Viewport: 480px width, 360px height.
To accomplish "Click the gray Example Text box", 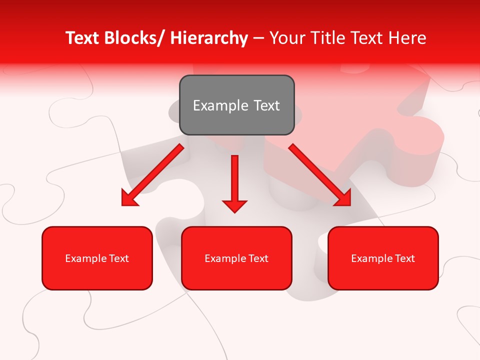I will tap(236, 105).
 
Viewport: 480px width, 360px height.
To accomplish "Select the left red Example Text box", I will tap(97, 258).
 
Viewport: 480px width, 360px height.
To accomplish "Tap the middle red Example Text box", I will tap(236, 258).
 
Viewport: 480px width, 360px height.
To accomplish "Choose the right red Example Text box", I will tap(383, 258).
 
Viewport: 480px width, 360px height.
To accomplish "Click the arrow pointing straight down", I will tap(234, 182).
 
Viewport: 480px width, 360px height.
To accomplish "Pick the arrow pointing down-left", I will tap(152, 175).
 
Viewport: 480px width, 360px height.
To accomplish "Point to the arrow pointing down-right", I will tap(320, 175).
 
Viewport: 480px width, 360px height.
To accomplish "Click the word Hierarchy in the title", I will tap(209, 38).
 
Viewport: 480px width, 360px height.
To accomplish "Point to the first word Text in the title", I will tap(82, 38).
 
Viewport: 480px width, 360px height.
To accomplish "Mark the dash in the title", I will tap(258, 38).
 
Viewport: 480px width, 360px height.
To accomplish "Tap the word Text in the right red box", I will tap(404, 258).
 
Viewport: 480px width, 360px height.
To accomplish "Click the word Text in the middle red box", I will tap(258, 258).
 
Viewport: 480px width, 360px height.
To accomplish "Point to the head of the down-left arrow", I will tap(129, 198).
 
